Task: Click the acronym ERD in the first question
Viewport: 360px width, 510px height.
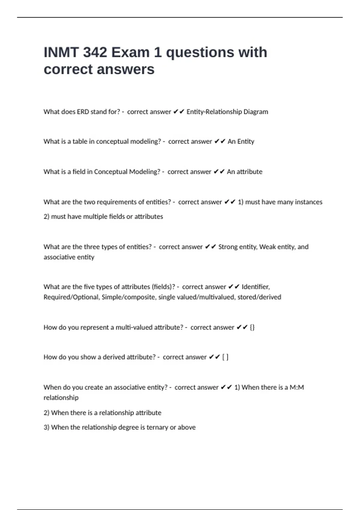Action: tap(83, 112)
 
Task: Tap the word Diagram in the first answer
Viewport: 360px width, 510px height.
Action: tap(256, 112)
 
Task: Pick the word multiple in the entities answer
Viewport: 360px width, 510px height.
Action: tap(95, 216)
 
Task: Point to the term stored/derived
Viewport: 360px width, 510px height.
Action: tap(259, 297)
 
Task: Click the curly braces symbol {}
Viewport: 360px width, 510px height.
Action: tap(252, 327)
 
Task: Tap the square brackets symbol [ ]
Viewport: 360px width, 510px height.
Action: tap(225, 357)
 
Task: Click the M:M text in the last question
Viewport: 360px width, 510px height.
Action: tap(296, 387)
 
